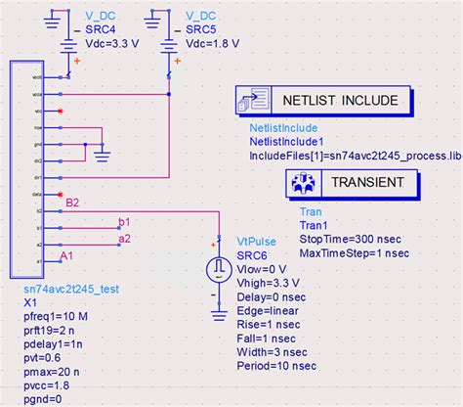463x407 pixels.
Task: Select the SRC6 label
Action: coord(253,254)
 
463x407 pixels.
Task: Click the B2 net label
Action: coord(72,203)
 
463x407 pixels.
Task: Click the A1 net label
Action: coord(66,256)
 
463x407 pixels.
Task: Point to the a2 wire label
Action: coord(124,238)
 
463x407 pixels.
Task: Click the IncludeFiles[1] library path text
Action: coord(355,155)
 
